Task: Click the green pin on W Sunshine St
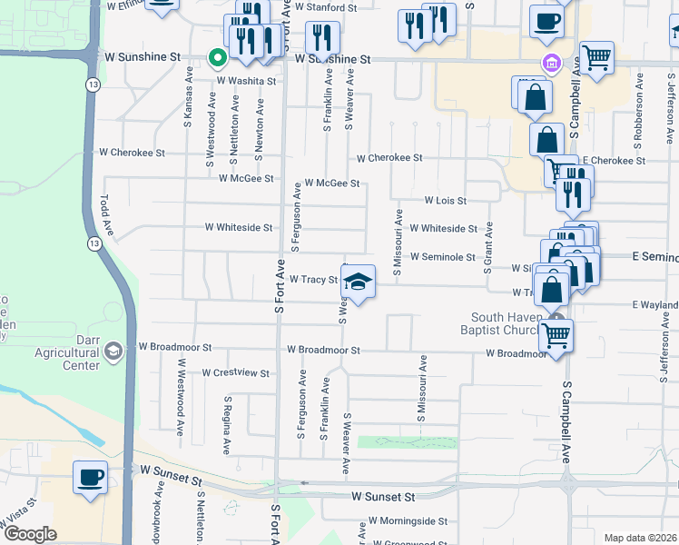coord(217,59)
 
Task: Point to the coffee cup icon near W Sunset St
coord(90,478)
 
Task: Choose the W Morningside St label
coord(407,522)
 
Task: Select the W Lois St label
coord(445,201)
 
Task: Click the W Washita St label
coord(246,81)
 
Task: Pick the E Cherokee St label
coord(614,161)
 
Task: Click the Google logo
coord(30,534)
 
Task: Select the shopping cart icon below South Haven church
coord(556,335)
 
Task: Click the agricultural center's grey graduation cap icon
coord(113,351)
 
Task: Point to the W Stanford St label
coord(327,6)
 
